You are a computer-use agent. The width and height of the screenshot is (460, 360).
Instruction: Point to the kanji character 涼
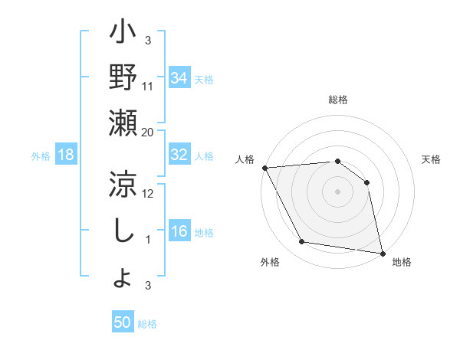(x=123, y=184)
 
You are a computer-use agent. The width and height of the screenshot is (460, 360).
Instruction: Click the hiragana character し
(x=123, y=230)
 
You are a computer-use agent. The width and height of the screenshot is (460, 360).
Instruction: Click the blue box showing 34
(x=179, y=77)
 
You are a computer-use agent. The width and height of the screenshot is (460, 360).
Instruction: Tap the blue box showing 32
(x=179, y=155)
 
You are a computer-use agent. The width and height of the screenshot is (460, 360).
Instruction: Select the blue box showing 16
(x=179, y=232)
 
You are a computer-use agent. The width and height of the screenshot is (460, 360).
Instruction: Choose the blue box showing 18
(x=66, y=155)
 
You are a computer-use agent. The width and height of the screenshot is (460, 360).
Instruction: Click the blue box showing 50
(x=123, y=322)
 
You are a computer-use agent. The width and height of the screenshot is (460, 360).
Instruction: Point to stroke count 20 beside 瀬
(x=148, y=132)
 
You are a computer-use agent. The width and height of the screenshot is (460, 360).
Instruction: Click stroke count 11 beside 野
(x=148, y=86)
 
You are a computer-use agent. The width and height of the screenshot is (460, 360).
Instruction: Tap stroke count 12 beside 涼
(x=148, y=193)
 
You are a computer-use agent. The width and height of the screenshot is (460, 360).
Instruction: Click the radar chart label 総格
(x=338, y=100)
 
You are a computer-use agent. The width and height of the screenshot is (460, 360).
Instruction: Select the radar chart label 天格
(x=432, y=159)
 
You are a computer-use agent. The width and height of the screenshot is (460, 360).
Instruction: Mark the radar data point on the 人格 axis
(x=264, y=168)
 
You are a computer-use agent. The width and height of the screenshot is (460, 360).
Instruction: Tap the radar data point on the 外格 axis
(x=303, y=242)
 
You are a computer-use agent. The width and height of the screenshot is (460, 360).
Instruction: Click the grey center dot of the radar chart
(x=338, y=191)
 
